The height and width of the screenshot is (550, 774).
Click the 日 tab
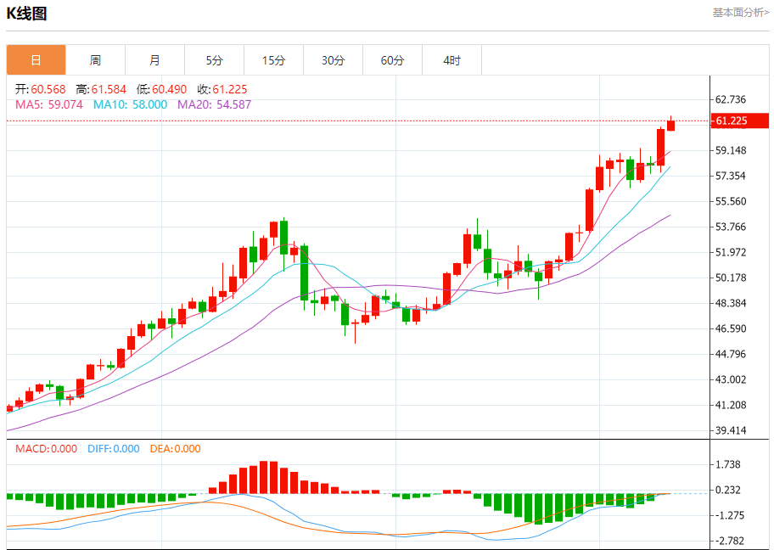click(36, 60)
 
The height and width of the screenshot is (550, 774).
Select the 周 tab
click(95, 60)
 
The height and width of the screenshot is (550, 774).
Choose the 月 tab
click(154, 60)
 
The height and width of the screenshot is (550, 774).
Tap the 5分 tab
click(214, 60)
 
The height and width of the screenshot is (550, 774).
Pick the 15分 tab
click(273, 60)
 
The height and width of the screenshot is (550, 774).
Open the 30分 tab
click(333, 60)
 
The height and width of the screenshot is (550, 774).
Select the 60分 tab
click(392, 60)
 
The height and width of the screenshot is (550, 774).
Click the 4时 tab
click(451, 60)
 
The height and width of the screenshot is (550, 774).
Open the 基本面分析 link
click(740, 13)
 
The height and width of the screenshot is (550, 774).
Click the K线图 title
click(27, 14)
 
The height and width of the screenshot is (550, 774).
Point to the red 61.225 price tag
click(738, 121)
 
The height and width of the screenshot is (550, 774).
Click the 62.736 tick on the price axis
click(731, 99)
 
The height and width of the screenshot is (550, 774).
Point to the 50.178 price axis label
click(731, 278)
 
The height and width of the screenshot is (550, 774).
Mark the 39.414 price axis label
click(731, 430)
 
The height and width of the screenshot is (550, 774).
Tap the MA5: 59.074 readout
click(49, 104)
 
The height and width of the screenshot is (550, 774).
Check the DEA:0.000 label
click(175, 449)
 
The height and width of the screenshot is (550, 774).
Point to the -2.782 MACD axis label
click(731, 541)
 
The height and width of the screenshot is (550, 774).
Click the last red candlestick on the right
click(670, 125)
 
